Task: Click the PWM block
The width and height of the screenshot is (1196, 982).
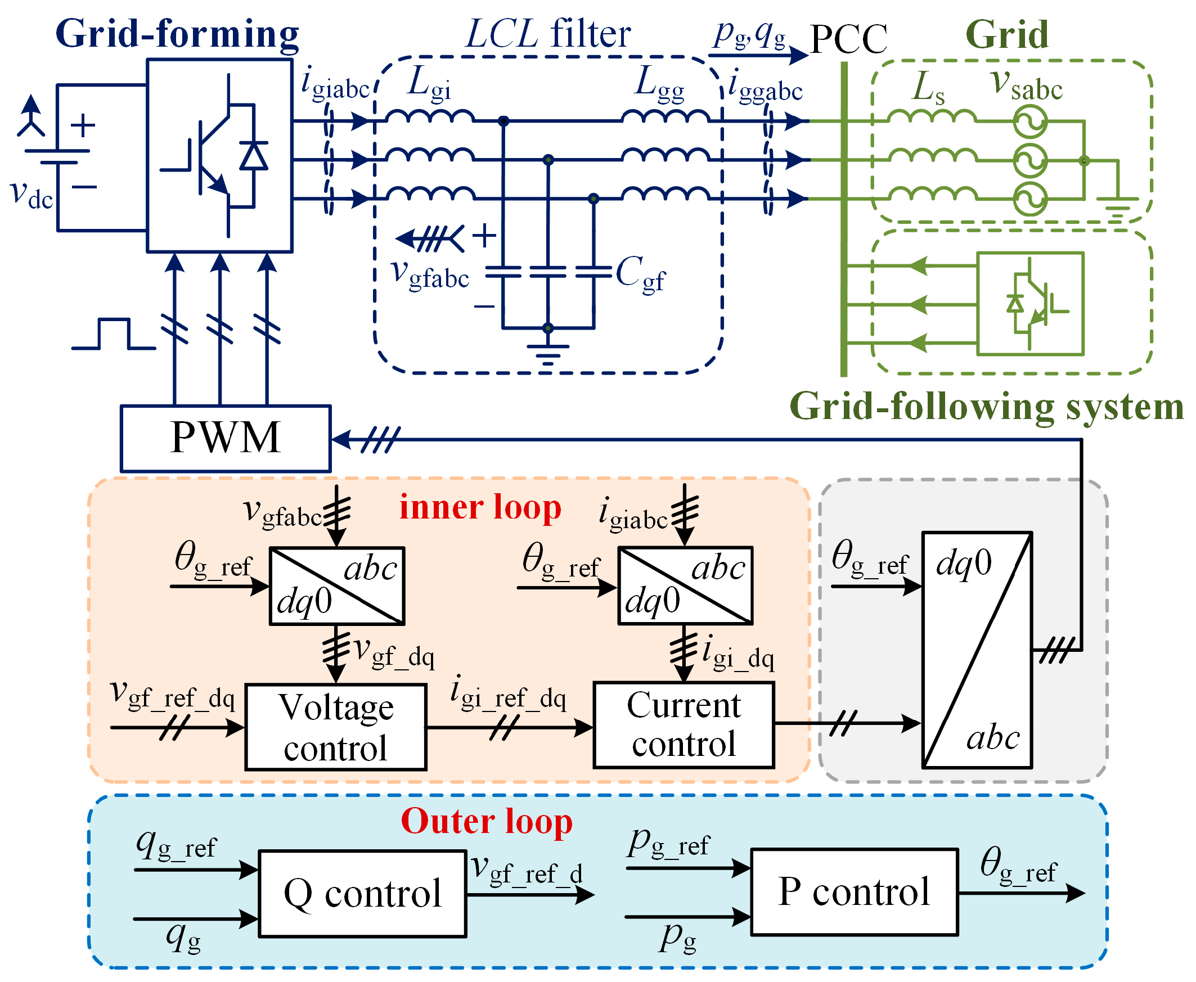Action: click(225, 438)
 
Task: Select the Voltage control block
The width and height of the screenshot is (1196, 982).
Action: click(335, 727)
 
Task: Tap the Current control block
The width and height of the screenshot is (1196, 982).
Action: click(684, 725)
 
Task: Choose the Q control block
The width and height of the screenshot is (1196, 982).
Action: click(362, 894)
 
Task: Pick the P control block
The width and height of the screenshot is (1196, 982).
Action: click(855, 892)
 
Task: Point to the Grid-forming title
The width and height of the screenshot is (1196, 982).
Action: click(177, 34)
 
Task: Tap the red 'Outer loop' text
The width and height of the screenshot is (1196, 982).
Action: click(487, 821)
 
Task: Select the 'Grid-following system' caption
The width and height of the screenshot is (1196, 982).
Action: click(987, 407)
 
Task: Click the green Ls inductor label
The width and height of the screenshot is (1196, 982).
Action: click(928, 88)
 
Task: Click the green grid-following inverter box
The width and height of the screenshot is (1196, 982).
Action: click(1030, 304)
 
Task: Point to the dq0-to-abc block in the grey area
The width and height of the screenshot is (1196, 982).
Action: click(977, 650)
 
